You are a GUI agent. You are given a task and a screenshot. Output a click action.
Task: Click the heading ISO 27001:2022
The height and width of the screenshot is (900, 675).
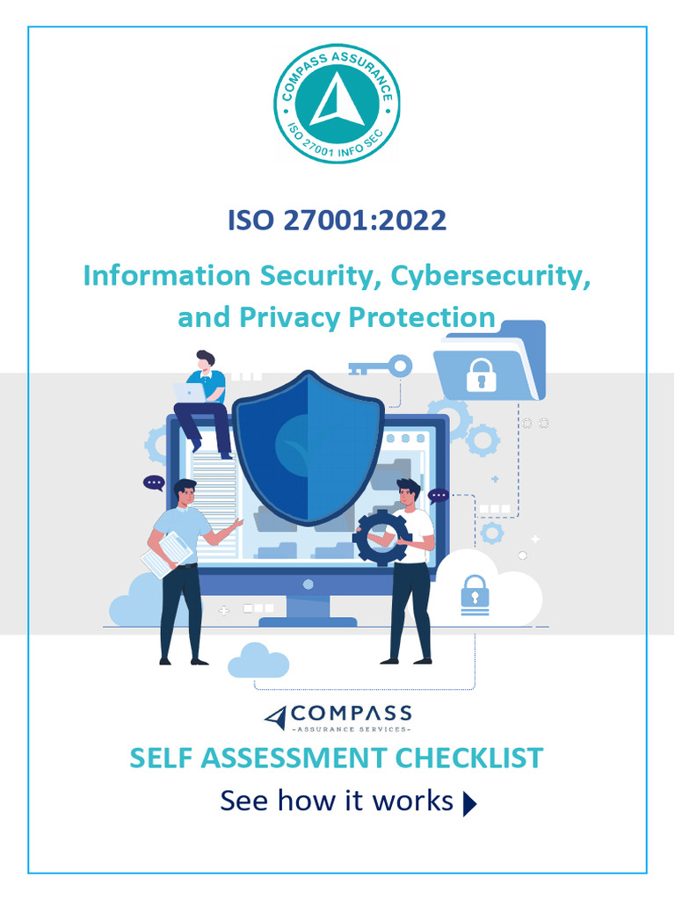click(x=337, y=220)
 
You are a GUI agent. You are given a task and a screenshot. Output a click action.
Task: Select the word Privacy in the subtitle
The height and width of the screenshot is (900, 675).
click(x=286, y=316)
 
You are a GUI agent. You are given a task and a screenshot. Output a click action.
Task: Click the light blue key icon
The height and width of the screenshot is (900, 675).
click(x=380, y=367)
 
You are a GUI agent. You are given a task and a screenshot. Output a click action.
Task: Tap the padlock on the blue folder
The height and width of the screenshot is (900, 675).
click(x=481, y=376)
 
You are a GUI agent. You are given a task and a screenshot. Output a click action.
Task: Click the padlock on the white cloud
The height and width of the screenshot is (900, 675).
click(x=474, y=594)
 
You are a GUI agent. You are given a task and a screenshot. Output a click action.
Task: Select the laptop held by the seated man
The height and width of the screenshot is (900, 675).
click(x=190, y=392)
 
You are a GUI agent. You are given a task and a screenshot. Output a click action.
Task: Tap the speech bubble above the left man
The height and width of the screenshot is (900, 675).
click(x=155, y=483)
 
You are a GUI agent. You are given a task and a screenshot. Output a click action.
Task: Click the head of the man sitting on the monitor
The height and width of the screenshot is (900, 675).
click(x=206, y=360)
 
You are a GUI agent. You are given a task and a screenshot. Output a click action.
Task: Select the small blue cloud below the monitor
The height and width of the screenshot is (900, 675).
click(x=258, y=662)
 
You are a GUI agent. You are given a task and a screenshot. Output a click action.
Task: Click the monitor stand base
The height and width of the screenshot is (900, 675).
click(x=308, y=621)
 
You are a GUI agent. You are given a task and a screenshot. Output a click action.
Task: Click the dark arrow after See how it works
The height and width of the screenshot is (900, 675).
click(x=469, y=804)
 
